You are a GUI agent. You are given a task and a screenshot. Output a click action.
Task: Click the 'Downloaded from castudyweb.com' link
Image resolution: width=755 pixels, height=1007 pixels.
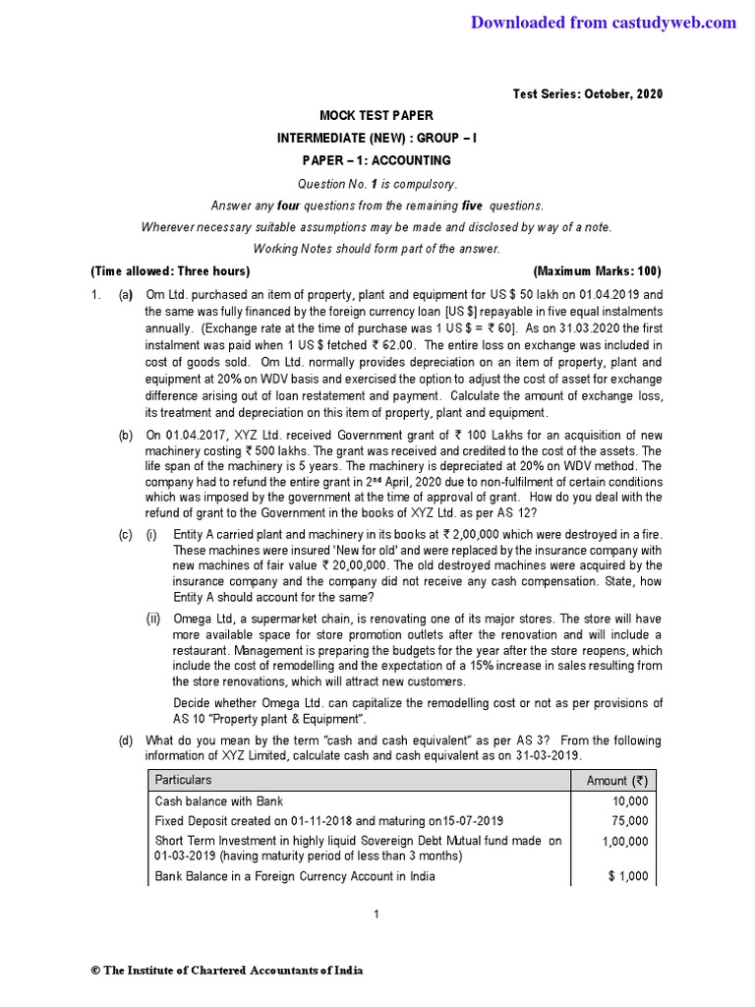603,23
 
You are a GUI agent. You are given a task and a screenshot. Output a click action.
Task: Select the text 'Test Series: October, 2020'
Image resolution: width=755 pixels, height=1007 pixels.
588,94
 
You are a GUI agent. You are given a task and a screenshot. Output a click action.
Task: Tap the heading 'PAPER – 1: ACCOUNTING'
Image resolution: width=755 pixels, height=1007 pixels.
377,160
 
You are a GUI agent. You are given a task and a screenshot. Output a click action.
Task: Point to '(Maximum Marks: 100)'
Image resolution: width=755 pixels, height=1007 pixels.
597,271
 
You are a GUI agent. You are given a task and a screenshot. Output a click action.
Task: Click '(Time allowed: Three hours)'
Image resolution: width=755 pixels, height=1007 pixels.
170,271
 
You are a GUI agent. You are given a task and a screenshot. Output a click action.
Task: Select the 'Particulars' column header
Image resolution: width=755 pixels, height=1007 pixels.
184,780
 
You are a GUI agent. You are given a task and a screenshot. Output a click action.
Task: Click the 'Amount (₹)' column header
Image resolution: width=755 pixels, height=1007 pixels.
616,780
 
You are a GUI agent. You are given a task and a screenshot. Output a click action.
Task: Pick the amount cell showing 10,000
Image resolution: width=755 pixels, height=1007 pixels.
629,801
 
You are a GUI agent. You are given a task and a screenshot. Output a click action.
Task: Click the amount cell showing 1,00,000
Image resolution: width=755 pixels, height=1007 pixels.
624,842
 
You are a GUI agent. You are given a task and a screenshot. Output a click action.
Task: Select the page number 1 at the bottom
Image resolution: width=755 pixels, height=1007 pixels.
377,915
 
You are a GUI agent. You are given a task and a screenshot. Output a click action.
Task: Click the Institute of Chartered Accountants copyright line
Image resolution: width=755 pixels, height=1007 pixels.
227,971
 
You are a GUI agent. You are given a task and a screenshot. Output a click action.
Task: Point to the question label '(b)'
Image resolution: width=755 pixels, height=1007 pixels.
125,435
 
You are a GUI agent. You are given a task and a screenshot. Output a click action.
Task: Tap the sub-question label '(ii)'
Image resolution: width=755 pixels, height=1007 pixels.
153,619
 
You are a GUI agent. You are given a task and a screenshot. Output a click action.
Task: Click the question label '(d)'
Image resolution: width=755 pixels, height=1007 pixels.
125,740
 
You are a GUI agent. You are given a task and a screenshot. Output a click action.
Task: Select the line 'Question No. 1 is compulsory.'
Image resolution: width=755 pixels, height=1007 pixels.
377,184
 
